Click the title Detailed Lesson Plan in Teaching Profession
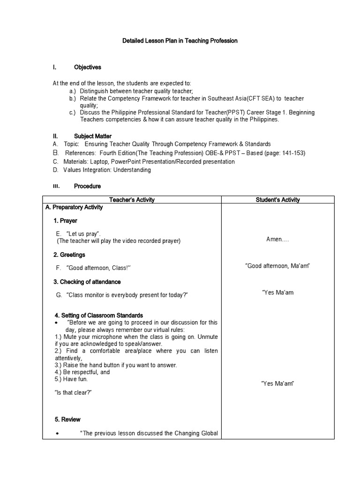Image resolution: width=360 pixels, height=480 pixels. click(x=180, y=41)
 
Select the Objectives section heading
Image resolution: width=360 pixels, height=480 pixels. click(x=87, y=67)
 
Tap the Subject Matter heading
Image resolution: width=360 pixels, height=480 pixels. click(x=92, y=136)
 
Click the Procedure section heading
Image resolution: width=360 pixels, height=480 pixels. click(x=87, y=186)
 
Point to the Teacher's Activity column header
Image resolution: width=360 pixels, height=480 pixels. click(x=132, y=200)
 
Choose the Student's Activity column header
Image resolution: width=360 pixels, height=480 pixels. click(x=277, y=200)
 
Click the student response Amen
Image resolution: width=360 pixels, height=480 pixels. click(x=277, y=239)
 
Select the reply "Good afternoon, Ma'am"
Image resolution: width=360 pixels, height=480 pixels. click(x=277, y=266)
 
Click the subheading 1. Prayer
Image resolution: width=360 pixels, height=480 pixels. click(x=65, y=221)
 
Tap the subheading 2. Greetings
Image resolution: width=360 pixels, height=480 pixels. click(x=69, y=255)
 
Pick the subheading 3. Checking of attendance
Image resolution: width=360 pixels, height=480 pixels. click(x=87, y=282)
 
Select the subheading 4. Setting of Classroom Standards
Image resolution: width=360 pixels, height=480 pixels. click(x=98, y=315)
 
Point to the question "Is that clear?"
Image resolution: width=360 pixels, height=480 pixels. click(x=73, y=392)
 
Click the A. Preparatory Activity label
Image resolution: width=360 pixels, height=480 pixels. click(x=74, y=207)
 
